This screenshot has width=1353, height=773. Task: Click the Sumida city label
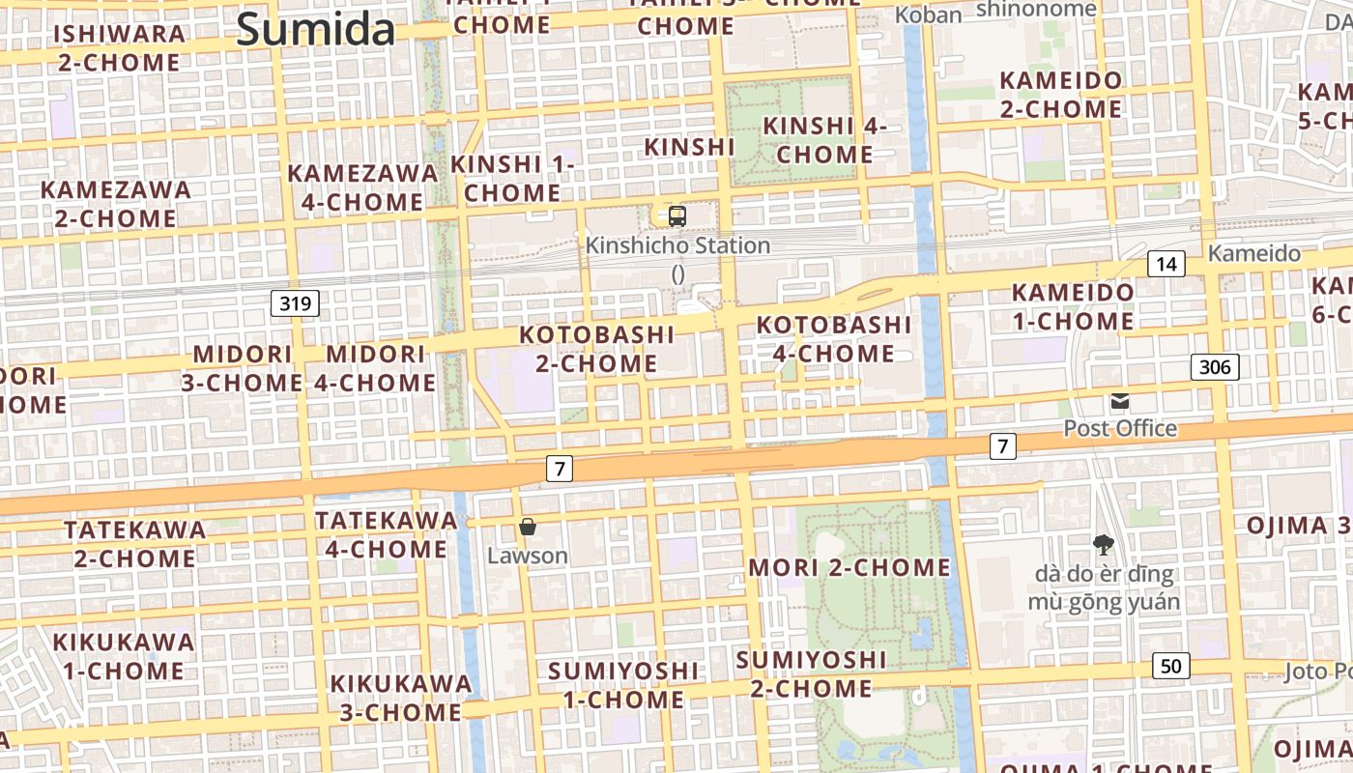coord(316,29)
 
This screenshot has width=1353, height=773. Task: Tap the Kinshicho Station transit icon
coord(677,216)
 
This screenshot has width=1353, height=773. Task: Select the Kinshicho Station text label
coord(677,245)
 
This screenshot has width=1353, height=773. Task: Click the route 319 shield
coord(295,304)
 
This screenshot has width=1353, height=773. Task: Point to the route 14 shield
coord(1167,264)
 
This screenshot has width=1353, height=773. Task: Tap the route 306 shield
coord(1215,366)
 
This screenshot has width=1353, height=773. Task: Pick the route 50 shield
coord(1170,666)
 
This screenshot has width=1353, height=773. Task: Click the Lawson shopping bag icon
coord(528,527)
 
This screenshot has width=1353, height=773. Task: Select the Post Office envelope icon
coord(1120,401)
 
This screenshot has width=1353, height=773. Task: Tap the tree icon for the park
coord(1103,546)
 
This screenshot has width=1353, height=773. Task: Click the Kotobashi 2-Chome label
coord(596,349)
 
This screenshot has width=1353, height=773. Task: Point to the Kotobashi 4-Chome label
coord(833,339)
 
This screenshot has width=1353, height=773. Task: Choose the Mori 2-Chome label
coord(849,567)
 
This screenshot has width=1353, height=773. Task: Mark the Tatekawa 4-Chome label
coord(386,534)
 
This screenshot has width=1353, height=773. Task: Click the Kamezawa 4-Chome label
coord(362,187)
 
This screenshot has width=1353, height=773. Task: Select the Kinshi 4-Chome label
coord(824,140)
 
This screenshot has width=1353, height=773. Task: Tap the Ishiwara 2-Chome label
coord(119,48)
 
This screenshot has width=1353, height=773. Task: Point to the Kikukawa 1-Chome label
coord(123,656)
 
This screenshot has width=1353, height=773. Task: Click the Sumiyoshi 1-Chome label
coord(622,684)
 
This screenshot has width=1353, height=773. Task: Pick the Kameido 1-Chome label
coord(1073,306)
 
